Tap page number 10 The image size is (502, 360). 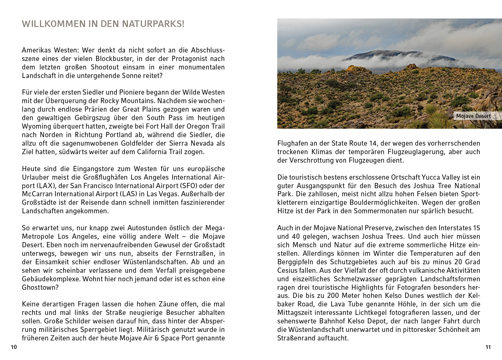14,347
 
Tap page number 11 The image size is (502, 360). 488,347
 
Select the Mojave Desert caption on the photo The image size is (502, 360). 473,116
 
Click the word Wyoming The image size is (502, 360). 36,126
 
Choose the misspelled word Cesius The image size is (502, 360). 288,271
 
